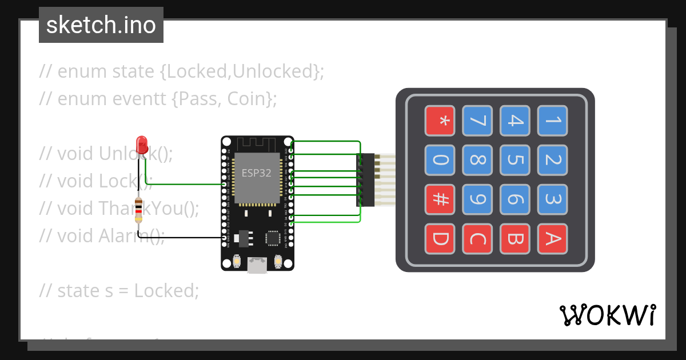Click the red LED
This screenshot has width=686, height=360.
141,143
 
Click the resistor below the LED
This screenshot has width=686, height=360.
138,210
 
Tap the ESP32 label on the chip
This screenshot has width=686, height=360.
256,173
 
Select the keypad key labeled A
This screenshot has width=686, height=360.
552,239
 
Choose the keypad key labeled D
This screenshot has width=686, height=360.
440,239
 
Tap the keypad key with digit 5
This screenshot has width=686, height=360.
514,160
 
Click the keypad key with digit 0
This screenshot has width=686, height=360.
440,160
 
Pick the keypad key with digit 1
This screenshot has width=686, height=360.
552,121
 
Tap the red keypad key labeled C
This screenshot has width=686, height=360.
477,239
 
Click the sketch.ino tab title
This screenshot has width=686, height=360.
101,25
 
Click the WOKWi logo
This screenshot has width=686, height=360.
607,315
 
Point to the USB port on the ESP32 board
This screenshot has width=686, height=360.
257,265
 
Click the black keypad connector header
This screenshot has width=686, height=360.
367,180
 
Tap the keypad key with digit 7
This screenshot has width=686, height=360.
477,121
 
